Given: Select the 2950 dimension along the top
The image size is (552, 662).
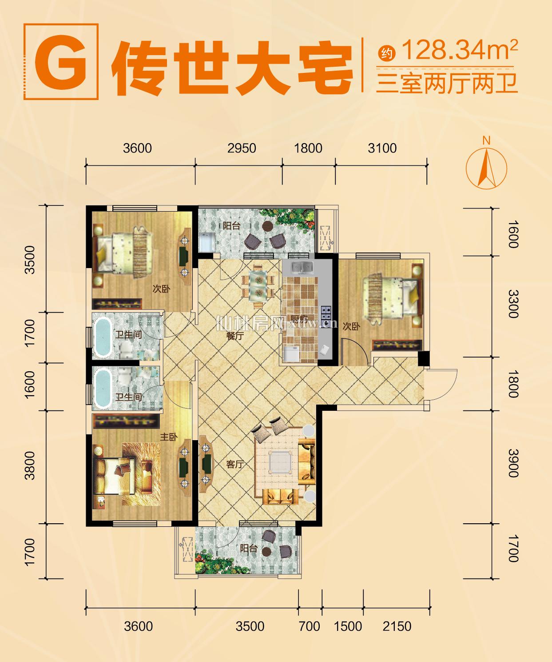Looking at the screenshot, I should click(242, 148).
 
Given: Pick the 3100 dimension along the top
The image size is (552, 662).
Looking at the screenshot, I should click(382, 148).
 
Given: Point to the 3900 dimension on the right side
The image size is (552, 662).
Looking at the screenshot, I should click(513, 463).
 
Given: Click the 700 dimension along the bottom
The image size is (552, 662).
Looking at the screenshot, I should click(310, 626).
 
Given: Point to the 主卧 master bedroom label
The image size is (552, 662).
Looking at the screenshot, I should click(169, 437).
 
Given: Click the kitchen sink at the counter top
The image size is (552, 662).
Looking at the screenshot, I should click(302, 268).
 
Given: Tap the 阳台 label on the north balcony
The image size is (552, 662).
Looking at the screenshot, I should click(231, 226).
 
